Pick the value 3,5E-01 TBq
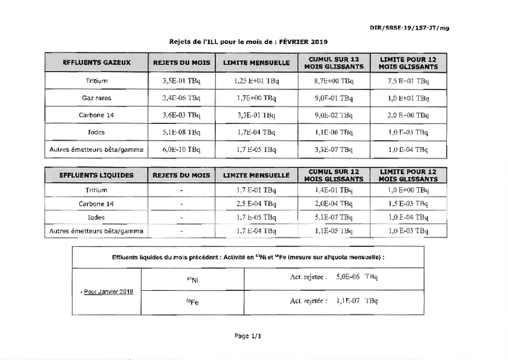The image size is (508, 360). click(182, 81)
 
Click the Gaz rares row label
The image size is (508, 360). click(96, 98)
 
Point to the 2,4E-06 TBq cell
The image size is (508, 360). click(182, 98)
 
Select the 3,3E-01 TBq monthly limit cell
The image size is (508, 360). click(255, 115)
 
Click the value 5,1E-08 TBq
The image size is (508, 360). click(182, 132)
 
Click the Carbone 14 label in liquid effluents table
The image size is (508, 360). click(96, 204)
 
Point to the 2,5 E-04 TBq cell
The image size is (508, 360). click(255, 204)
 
